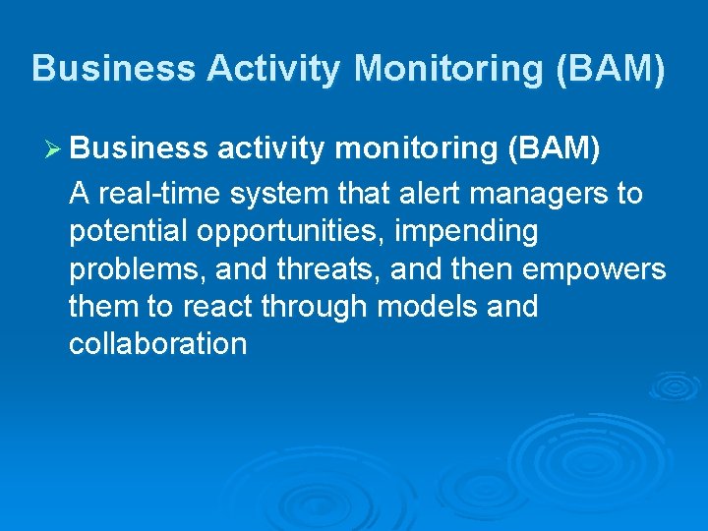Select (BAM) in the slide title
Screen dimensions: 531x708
619,68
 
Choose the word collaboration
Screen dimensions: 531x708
157,344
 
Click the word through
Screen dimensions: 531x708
317,308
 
